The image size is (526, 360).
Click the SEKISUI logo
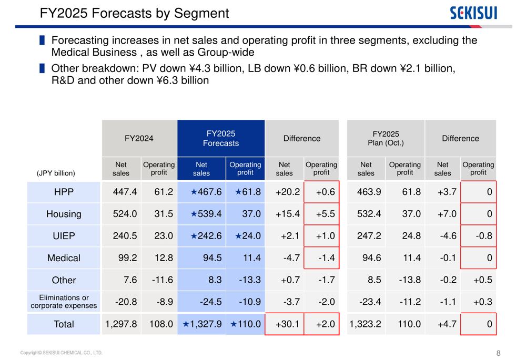click(x=473, y=13)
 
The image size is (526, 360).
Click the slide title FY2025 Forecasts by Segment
click(x=134, y=14)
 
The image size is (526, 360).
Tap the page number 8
click(x=498, y=353)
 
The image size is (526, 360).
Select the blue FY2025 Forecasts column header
click(x=221, y=138)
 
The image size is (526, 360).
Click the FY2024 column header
click(x=139, y=138)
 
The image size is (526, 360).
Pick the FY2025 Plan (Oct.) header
click(x=386, y=138)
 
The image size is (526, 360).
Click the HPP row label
click(x=64, y=192)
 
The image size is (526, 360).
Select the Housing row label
click(x=64, y=214)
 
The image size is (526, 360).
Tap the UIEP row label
click(x=64, y=236)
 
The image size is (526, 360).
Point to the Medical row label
click(x=64, y=258)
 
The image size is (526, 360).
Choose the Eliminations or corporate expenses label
click(x=64, y=302)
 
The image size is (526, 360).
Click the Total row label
click(x=64, y=324)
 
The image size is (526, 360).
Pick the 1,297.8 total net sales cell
click(x=121, y=324)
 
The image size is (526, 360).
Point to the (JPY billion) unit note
click(x=56, y=173)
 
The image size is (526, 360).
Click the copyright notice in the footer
click(x=61, y=353)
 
